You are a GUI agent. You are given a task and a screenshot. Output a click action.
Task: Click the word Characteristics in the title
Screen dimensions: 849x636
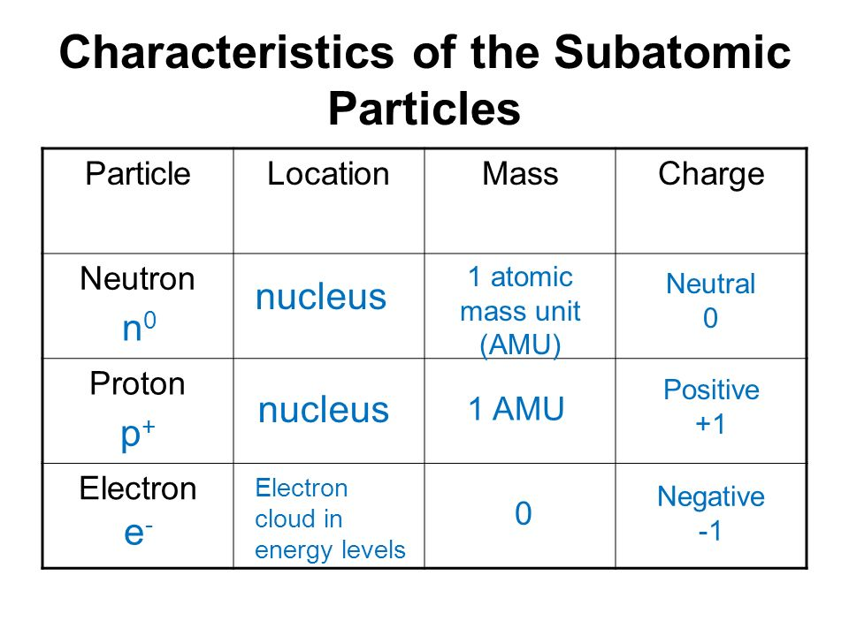(x=227, y=52)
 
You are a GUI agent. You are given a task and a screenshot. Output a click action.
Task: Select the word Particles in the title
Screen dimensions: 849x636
(x=424, y=109)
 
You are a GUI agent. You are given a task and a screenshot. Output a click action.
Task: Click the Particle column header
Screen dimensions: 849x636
(x=138, y=174)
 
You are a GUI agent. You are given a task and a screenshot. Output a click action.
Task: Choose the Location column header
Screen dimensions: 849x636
(x=329, y=174)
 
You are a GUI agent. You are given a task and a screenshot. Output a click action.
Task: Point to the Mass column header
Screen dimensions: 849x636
(x=520, y=174)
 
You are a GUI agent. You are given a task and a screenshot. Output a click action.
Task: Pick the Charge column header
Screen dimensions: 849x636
(x=711, y=175)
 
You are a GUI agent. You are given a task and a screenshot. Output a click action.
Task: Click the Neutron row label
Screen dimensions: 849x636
(x=138, y=279)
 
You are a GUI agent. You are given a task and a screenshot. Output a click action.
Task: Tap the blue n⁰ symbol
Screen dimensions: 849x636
(x=139, y=327)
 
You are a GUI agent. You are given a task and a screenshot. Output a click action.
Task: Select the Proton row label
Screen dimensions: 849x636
(x=138, y=384)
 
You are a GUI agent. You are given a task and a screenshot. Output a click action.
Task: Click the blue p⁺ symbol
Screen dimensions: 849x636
(x=138, y=435)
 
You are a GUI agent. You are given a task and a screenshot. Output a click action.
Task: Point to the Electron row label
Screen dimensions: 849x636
(x=138, y=488)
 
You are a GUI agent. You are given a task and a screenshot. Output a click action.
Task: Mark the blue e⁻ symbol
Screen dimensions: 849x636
(x=138, y=533)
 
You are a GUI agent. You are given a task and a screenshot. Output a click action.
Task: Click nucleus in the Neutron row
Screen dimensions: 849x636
(x=321, y=297)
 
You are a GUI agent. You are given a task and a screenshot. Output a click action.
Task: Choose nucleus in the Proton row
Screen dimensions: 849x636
(x=324, y=409)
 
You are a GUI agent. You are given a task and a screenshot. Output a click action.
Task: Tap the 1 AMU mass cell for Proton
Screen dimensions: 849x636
(x=516, y=408)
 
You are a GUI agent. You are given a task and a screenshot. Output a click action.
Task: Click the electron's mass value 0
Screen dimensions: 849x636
(x=523, y=513)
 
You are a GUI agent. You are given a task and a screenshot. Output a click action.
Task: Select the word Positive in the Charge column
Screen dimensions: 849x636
(x=711, y=390)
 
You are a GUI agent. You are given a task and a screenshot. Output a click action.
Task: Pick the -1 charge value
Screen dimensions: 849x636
(x=710, y=531)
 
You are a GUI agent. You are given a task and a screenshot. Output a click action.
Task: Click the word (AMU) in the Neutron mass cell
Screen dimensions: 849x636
(x=520, y=344)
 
